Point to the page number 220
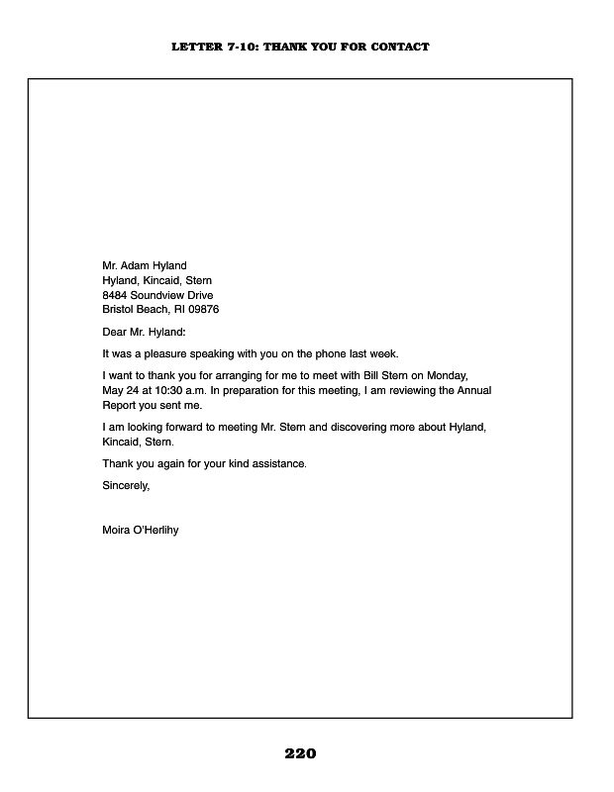pos(300,754)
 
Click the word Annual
pos(472,391)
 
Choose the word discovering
pos(359,428)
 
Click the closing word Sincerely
pos(126,485)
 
